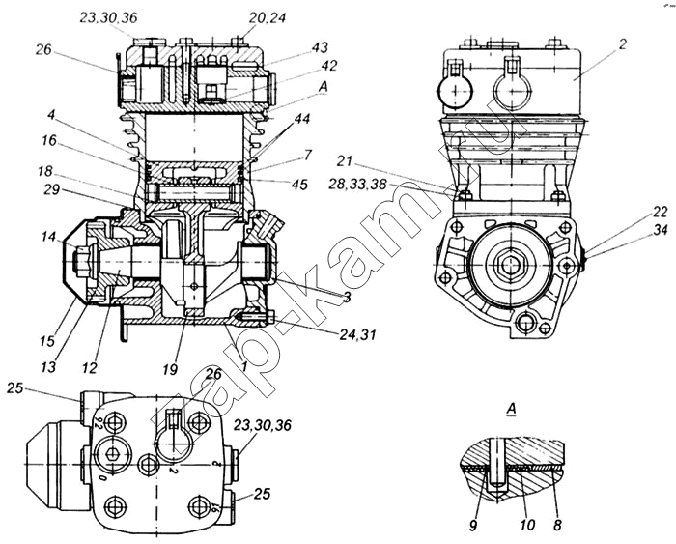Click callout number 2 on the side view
[623, 43]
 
